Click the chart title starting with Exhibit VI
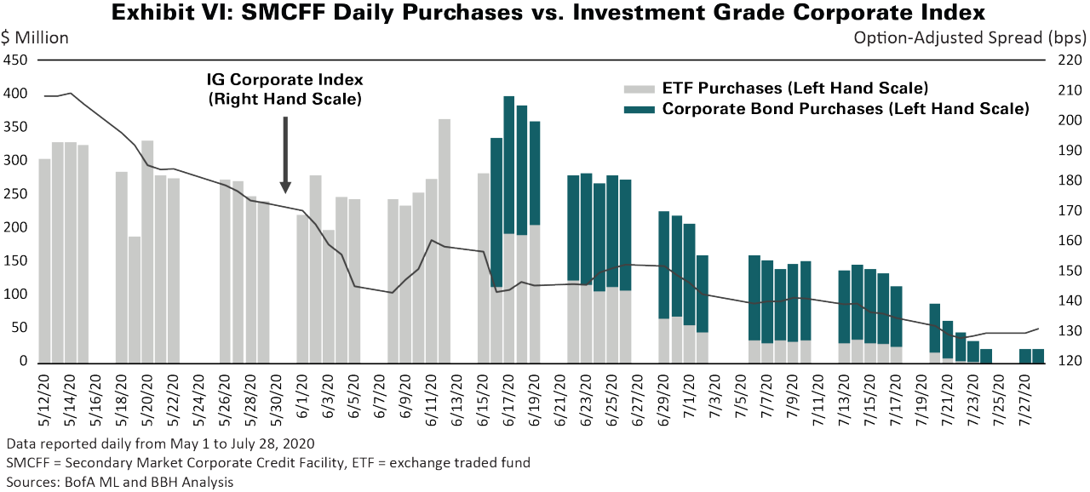[x=544, y=13]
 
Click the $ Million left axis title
[x=36, y=37]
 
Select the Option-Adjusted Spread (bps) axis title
[x=969, y=37]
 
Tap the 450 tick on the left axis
[x=16, y=60]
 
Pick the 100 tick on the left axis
[x=16, y=295]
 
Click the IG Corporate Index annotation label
[x=285, y=89]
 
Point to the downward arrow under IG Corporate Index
[x=285, y=153]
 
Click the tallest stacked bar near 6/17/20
[x=508, y=230]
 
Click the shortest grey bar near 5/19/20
[x=135, y=298]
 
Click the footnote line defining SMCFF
[x=268, y=463]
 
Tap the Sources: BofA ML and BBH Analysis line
[x=119, y=482]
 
